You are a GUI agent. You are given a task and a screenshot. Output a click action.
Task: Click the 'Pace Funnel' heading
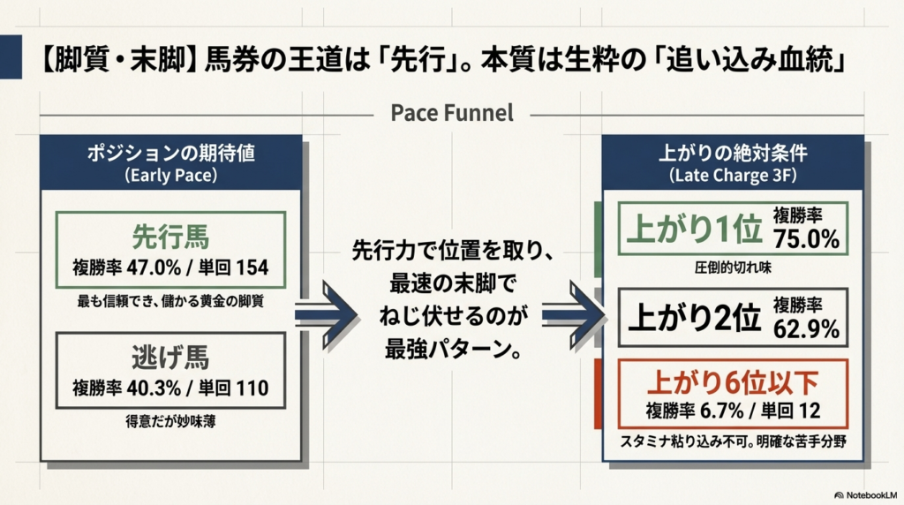(451, 114)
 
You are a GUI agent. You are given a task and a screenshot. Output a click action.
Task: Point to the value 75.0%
(806, 239)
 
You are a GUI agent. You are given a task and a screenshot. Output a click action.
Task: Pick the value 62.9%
(806, 329)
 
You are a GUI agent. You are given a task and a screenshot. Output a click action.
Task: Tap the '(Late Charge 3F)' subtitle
(733, 174)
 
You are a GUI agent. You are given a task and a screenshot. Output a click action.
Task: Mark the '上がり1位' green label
(693, 229)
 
